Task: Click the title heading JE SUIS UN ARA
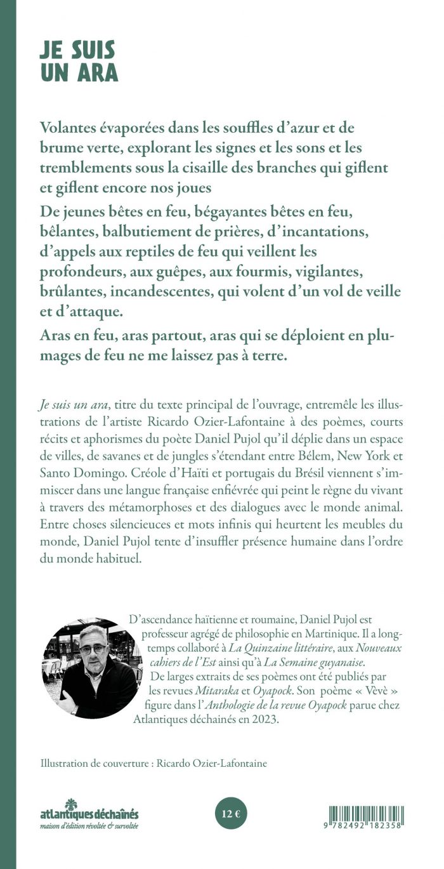point(78,62)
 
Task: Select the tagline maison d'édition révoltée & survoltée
point(88,825)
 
